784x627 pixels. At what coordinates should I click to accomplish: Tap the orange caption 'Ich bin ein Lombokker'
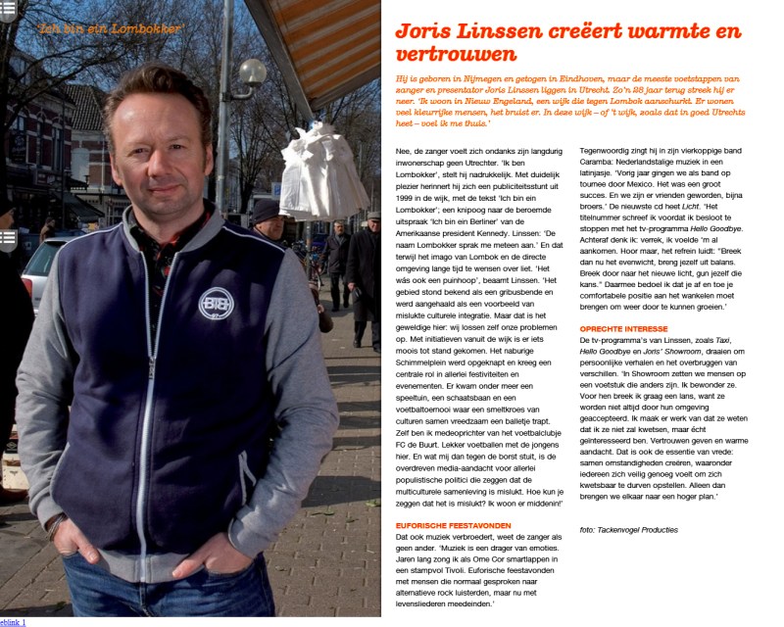[111, 28]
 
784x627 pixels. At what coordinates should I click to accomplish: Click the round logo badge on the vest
[217, 304]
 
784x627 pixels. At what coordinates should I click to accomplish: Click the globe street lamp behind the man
[252, 72]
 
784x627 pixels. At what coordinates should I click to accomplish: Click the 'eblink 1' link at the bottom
[13, 621]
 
